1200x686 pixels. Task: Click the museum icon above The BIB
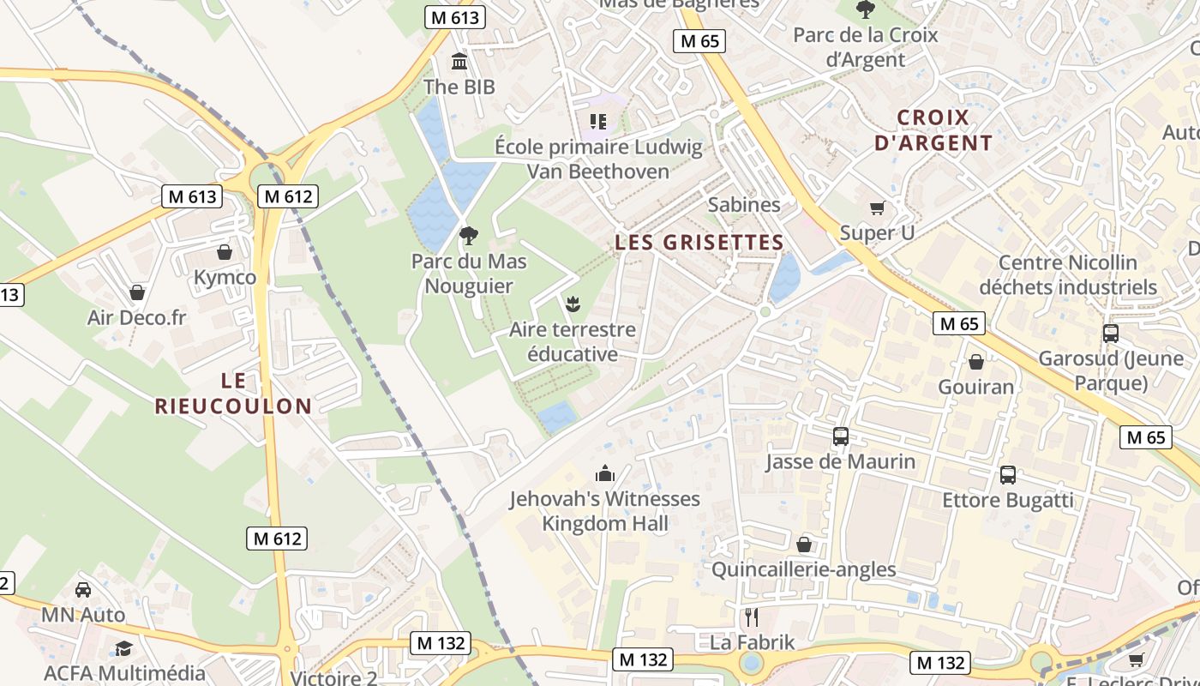pyautogui.click(x=459, y=62)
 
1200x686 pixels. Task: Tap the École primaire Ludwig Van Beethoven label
pyautogui.click(x=598, y=159)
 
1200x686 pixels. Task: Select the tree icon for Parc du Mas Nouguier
pyautogui.click(x=468, y=235)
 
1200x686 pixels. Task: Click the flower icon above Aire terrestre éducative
pyautogui.click(x=572, y=303)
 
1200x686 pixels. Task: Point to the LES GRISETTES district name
pyautogui.click(x=699, y=243)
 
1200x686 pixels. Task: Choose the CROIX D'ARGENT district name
pyautogui.click(x=933, y=130)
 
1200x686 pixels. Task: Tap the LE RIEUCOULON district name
pyautogui.click(x=233, y=393)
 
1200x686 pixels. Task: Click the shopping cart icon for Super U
pyautogui.click(x=877, y=208)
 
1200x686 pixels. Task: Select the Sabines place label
pyautogui.click(x=744, y=205)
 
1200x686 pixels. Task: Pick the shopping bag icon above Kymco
pyautogui.click(x=225, y=252)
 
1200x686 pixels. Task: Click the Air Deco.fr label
pyautogui.click(x=136, y=318)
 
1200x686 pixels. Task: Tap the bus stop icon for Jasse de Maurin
pyautogui.click(x=840, y=436)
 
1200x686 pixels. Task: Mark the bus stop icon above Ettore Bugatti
pyautogui.click(x=1008, y=474)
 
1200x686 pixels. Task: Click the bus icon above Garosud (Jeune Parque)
pyautogui.click(x=1111, y=333)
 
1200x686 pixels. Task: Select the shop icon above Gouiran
pyautogui.click(x=975, y=362)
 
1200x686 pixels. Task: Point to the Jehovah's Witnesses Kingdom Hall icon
pyautogui.click(x=605, y=473)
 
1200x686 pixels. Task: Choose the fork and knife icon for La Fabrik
pyautogui.click(x=752, y=617)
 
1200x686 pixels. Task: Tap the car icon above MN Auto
pyautogui.click(x=83, y=590)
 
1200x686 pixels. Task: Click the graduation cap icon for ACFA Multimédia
pyautogui.click(x=124, y=648)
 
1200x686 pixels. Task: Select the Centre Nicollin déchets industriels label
pyautogui.click(x=1068, y=274)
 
